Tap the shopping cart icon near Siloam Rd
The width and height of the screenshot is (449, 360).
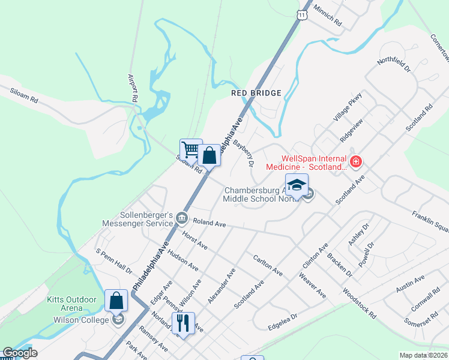coord(190,149)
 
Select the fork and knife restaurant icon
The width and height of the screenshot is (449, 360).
coord(183,323)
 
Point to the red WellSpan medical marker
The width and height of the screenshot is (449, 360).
coord(356,161)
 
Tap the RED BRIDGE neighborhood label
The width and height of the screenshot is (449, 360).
coord(256,93)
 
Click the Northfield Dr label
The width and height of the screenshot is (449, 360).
coord(393,65)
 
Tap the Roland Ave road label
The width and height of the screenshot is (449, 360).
coord(209,223)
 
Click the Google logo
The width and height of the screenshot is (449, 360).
coord(19,353)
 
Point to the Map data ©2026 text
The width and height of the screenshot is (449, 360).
coord(423,355)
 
